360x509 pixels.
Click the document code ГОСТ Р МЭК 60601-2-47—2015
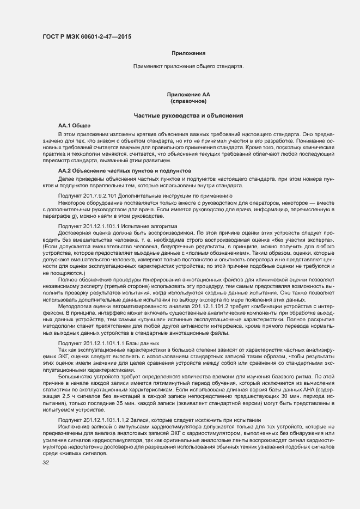87,37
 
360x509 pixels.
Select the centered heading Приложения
188,53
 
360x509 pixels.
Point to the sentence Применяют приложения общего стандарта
188,66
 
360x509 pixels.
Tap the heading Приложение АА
188,95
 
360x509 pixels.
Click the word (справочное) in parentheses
188,101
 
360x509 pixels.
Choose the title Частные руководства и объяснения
188,116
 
